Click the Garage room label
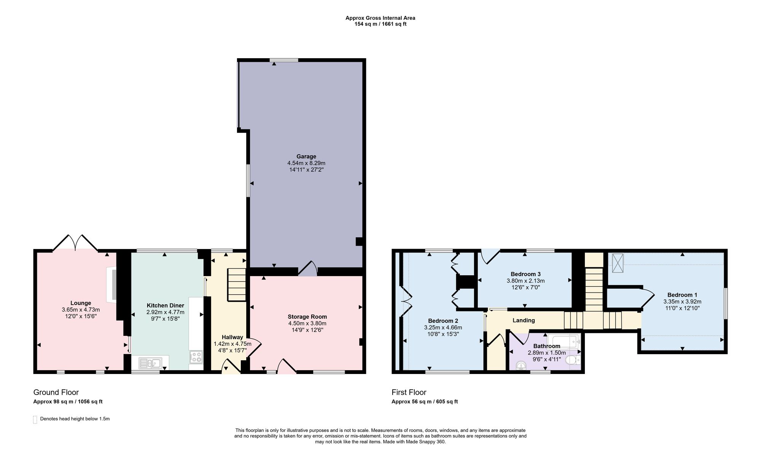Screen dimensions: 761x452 pyautogui.click(x=306, y=157)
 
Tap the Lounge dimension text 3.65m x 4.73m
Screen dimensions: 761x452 pyautogui.click(x=81, y=310)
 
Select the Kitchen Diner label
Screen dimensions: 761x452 pyautogui.click(x=166, y=305)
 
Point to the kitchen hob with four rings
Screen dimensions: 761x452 pyautogui.click(x=196, y=357)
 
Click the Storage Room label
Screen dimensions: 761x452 pyautogui.click(x=307, y=317)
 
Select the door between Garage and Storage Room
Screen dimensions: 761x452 pyautogui.click(x=308, y=268)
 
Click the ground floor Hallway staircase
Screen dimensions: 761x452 pyautogui.click(x=237, y=284)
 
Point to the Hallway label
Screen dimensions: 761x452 pyautogui.click(x=232, y=337)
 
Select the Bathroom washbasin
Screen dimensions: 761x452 pyautogui.click(x=521, y=366)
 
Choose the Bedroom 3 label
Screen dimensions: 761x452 pyautogui.click(x=525, y=274)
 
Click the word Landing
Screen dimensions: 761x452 pyautogui.click(x=524, y=320)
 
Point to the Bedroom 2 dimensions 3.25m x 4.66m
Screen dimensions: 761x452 pyautogui.click(x=443, y=327)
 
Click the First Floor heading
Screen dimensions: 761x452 pyautogui.click(x=409, y=392)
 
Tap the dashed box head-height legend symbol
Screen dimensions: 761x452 pyautogui.click(x=35, y=419)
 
